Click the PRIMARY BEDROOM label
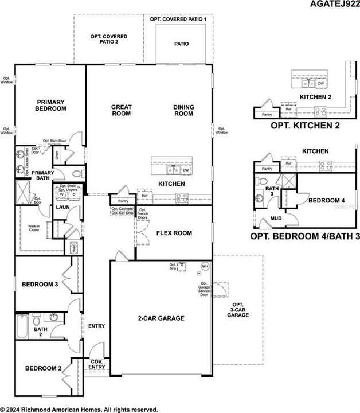click(x=50, y=105)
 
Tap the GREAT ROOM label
click(x=121, y=110)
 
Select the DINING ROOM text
click(x=183, y=110)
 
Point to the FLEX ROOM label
click(x=174, y=233)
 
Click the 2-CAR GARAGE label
click(x=160, y=318)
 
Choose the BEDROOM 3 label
click(x=41, y=285)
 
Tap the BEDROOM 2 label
click(x=42, y=368)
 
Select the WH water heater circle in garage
click(x=205, y=266)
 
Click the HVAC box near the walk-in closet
click(x=73, y=248)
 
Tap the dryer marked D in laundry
click(x=74, y=194)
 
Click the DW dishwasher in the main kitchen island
click(x=186, y=170)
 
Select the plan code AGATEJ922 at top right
click(x=334, y=5)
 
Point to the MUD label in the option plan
click(x=275, y=219)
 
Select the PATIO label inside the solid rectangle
click(x=181, y=44)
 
